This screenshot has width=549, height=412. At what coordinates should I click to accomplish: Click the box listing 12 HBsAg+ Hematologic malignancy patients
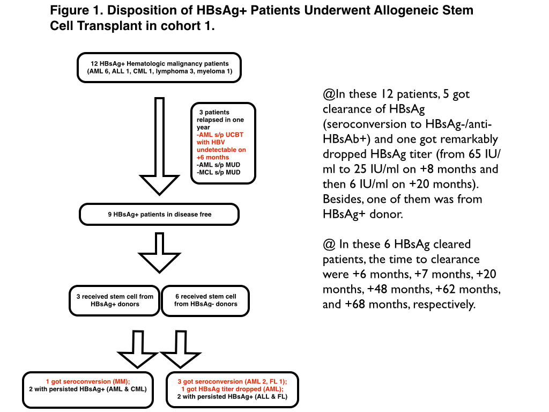pyautogui.click(x=160, y=67)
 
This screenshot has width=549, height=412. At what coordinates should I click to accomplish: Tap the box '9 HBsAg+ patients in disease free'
pyautogui.click(x=160, y=215)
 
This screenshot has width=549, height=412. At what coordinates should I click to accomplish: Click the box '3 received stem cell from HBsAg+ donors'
pyautogui.click(x=114, y=300)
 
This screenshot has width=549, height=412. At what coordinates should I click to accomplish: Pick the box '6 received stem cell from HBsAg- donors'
pyautogui.click(x=206, y=300)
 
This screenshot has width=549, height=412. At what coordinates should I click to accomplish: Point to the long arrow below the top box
pyautogui.click(x=160, y=145)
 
